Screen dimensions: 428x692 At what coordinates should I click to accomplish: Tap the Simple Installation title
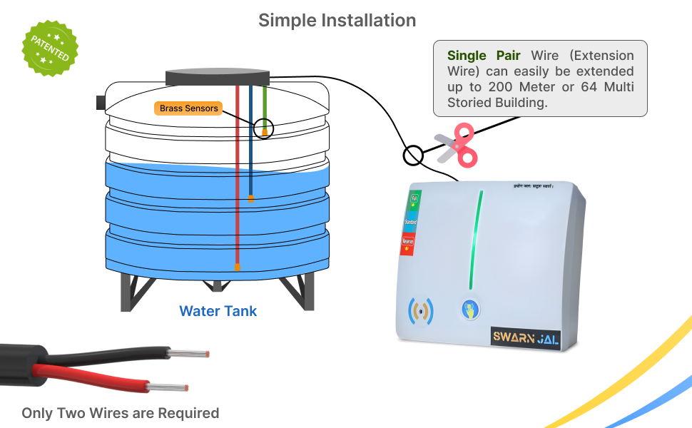[x=337, y=20]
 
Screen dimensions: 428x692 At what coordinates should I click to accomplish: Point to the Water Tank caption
[x=218, y=311]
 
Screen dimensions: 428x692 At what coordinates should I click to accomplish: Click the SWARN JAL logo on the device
[x=524, y=336]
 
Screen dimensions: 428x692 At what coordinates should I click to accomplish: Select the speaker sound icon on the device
[x=420, y=310]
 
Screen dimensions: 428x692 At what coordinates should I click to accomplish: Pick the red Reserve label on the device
[x=409, y=244]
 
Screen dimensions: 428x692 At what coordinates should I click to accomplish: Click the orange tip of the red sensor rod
[x=238, y=267]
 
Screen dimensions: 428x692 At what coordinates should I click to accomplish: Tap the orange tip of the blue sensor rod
[x=251, y=199]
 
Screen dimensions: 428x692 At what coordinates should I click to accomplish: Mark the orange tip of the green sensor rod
[x=265, y=132]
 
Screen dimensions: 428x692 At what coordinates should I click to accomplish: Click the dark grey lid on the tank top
[x=217, y=76]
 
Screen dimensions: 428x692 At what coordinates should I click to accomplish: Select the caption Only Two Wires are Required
[x=120, y=413]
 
